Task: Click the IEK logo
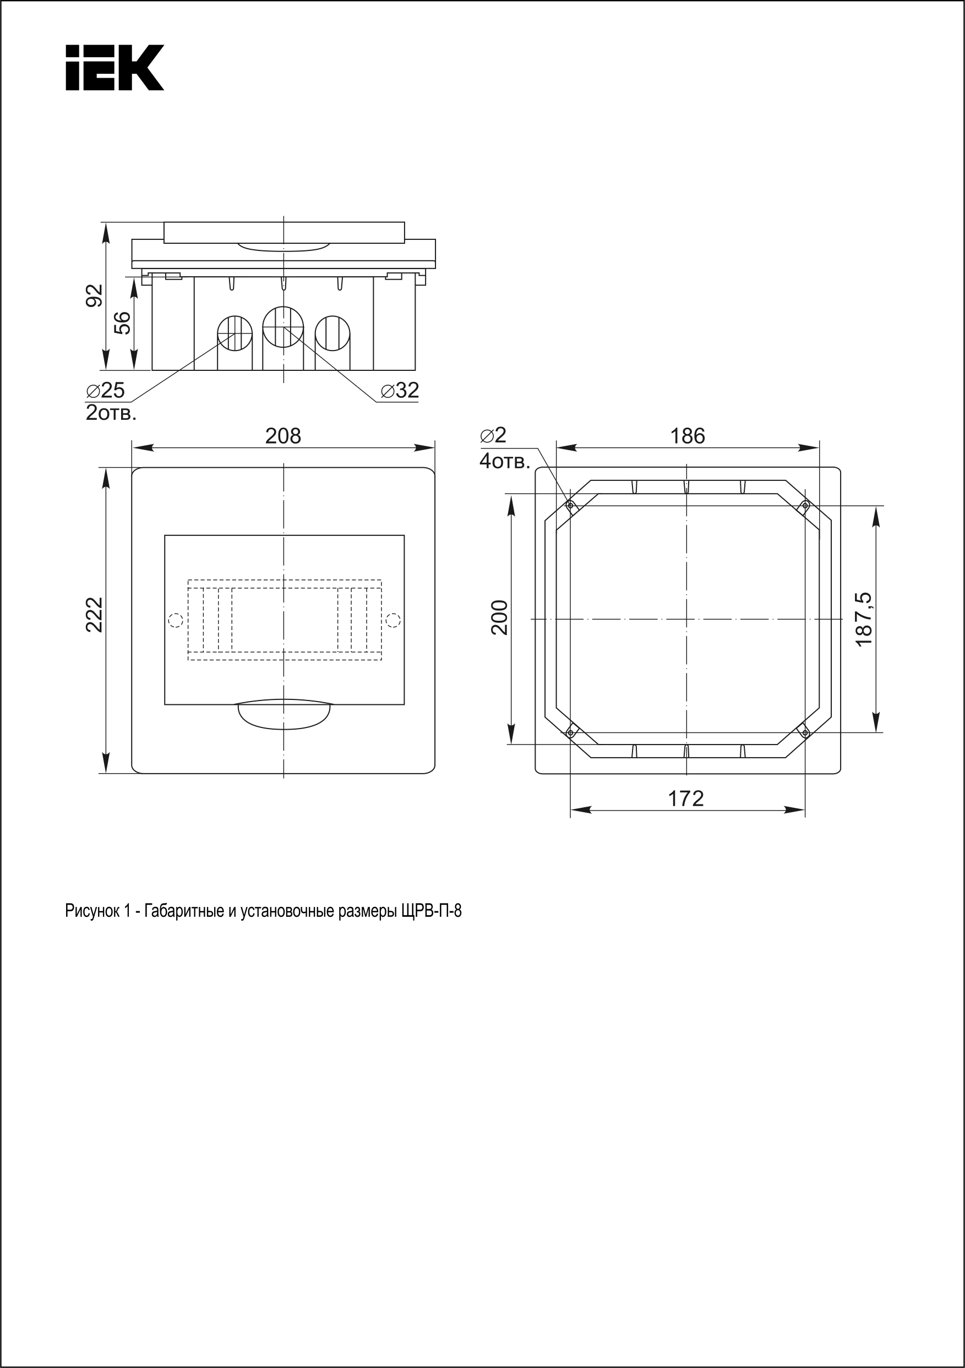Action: pyautogui.click(x=115, y=67)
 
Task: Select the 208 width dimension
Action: pyautogui.click(x=283, y=436)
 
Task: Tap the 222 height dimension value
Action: pyautogui.click(x=95, y=614)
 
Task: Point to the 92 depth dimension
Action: pyautogui.click(x=95, y=296)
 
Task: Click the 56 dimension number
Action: pyautogui.click(x=122, y=324)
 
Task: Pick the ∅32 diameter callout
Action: pyautogui.click(x=400, y=390)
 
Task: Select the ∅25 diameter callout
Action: pyautogui.click(x=106, y=390)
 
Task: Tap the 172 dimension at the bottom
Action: pyautogui.click(x=686, y=798)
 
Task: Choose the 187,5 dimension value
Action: pyautogui.click(x=864, y=619)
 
